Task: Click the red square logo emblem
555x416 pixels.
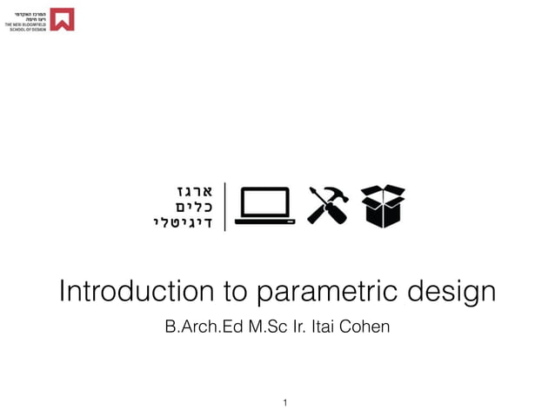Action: (x=62, y=19)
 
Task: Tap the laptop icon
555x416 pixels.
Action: (x=264, y=206)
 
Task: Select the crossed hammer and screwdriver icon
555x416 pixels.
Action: (x=328, y=206)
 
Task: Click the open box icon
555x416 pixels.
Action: (x=384, y=206)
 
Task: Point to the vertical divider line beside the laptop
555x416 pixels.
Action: (x=225, y=206)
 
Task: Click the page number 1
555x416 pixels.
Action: (x=284, y=402)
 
